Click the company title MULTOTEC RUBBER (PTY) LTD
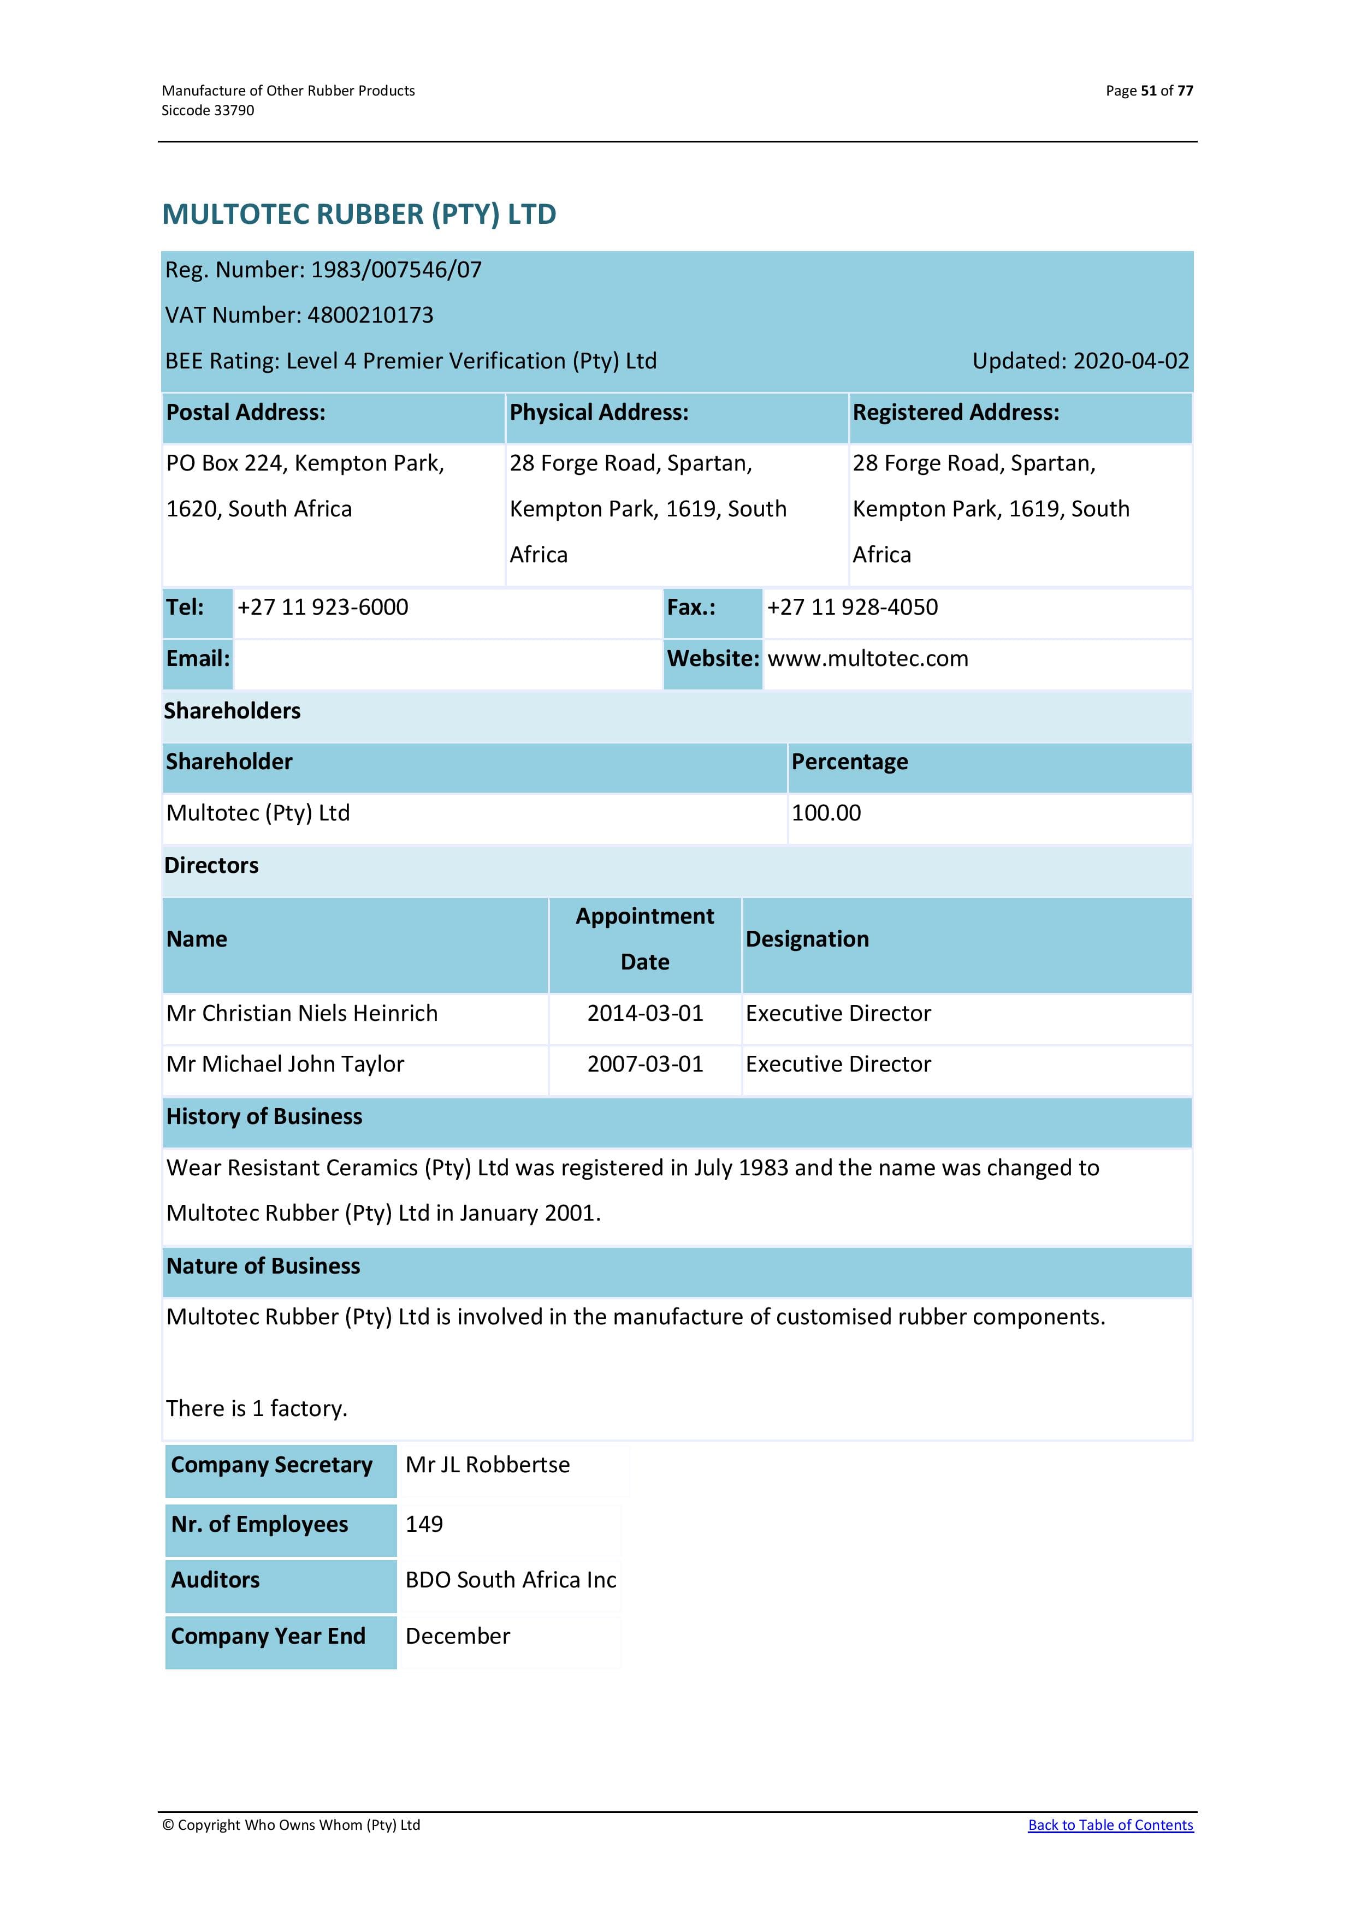[359, 215]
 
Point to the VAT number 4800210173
[370, 316]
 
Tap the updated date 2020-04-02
[1131, 361]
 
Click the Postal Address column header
[246, 412]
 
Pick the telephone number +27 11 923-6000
[323, 607]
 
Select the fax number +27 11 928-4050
[852, 607]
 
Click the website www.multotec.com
[868, 659]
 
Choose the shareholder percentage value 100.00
[826, 813]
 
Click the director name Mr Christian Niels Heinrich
[302, 1013]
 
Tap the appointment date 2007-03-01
[645, 1064]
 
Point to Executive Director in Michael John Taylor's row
[838, 1064]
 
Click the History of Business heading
[264, 1117]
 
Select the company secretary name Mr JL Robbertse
[487, 1465]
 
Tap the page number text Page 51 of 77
[1149, 91]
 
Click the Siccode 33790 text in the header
[208, 110]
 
